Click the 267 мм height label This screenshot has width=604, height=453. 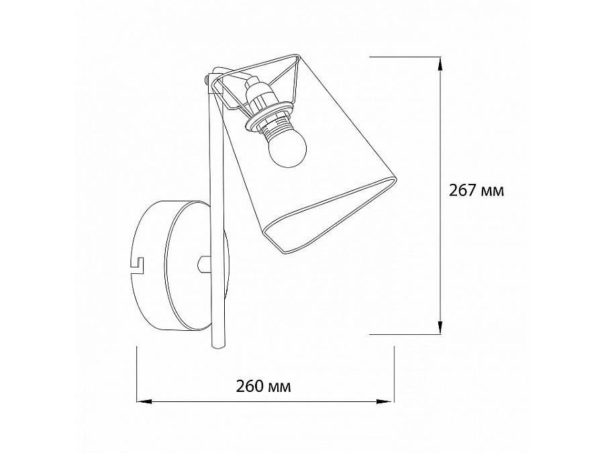476,190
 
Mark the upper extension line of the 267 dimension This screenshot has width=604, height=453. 403,58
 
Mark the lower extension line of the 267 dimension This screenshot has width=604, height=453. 403,333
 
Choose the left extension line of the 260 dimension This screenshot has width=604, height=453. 137,376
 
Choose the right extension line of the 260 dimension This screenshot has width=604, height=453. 393,376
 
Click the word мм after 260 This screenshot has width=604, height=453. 281,387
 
